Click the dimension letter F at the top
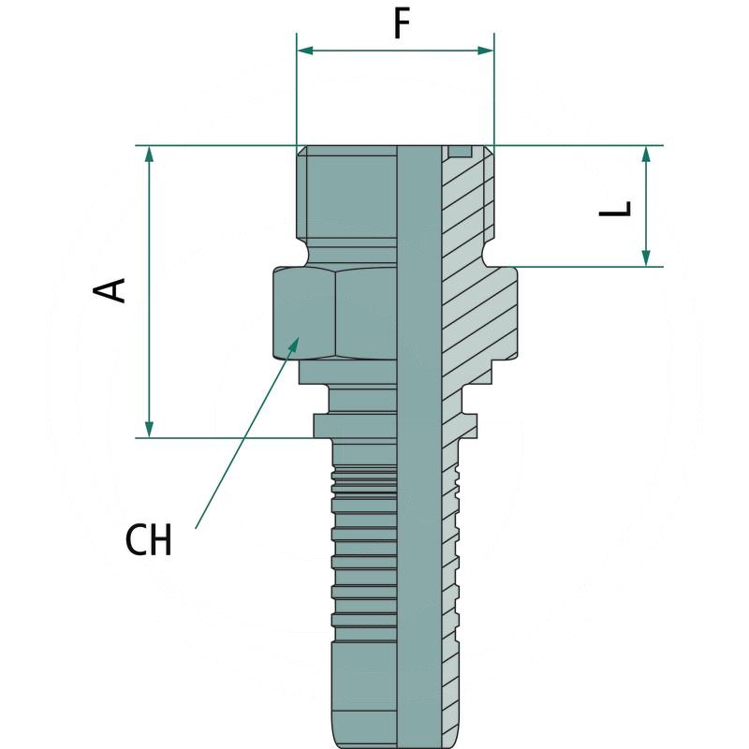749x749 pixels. (402, 23)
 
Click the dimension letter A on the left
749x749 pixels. (111, 289)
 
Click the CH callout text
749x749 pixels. (149, 540)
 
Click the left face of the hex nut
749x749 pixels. (304, 314)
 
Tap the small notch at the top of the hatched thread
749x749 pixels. (459, 152)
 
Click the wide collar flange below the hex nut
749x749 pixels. (356, 426)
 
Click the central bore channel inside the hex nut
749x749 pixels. (418, 314)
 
